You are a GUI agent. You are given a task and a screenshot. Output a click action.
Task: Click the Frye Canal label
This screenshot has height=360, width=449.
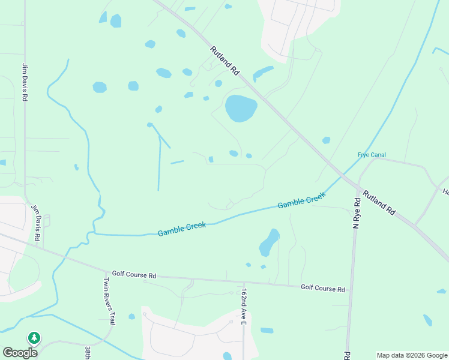[372, 155]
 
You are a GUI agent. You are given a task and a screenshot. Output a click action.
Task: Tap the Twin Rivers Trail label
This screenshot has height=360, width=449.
[109, 301]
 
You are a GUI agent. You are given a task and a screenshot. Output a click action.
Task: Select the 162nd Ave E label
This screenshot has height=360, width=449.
[244, 307]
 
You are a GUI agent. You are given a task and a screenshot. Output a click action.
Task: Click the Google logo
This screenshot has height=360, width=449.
[20, 352]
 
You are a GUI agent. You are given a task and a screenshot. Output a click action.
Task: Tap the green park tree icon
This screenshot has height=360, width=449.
[35, 338]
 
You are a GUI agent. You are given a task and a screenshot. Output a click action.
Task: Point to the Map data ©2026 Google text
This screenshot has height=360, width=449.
[412, 355]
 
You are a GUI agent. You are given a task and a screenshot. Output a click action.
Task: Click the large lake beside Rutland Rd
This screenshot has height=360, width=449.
[241, 108]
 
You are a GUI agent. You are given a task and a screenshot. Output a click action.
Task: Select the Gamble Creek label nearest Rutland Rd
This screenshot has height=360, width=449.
[301, 200]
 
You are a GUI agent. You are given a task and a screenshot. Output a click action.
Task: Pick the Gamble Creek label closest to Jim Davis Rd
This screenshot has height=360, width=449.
[182, 229]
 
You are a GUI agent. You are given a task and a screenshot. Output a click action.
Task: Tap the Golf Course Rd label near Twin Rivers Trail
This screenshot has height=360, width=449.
[134, 275]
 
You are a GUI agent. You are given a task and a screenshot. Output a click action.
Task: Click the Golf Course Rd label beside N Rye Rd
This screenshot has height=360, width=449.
[323, 288]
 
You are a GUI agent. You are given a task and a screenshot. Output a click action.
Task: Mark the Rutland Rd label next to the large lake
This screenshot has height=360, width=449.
[225, 61]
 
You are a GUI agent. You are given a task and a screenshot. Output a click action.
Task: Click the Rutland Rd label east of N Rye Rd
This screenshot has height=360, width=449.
[382, 203]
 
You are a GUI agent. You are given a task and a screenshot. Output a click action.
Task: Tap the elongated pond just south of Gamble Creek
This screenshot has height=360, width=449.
[269, 242]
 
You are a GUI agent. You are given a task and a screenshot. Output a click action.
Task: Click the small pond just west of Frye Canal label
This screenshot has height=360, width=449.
[326, 140]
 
